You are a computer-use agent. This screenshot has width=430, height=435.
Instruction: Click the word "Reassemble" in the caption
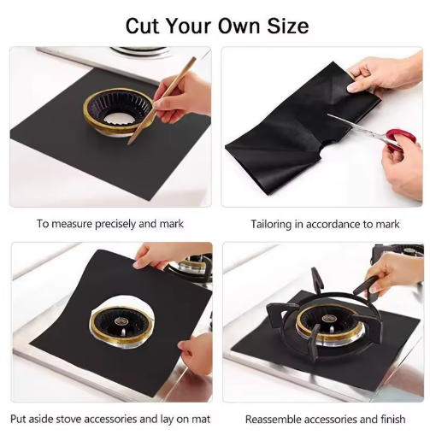tap(274, 420)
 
